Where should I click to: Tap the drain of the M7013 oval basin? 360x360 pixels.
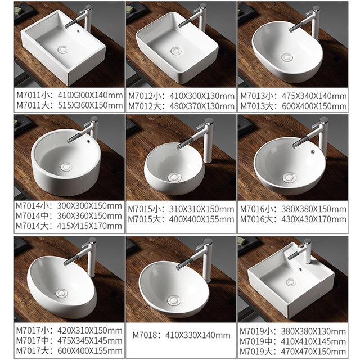point(287,56)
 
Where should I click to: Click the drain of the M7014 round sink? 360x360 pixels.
point(67,166)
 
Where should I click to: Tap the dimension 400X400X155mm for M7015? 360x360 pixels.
point(202,219)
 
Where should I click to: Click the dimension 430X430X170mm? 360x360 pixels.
point(314,219)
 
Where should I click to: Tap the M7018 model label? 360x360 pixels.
point(148,335)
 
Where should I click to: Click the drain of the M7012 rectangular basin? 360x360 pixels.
point(178,50)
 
